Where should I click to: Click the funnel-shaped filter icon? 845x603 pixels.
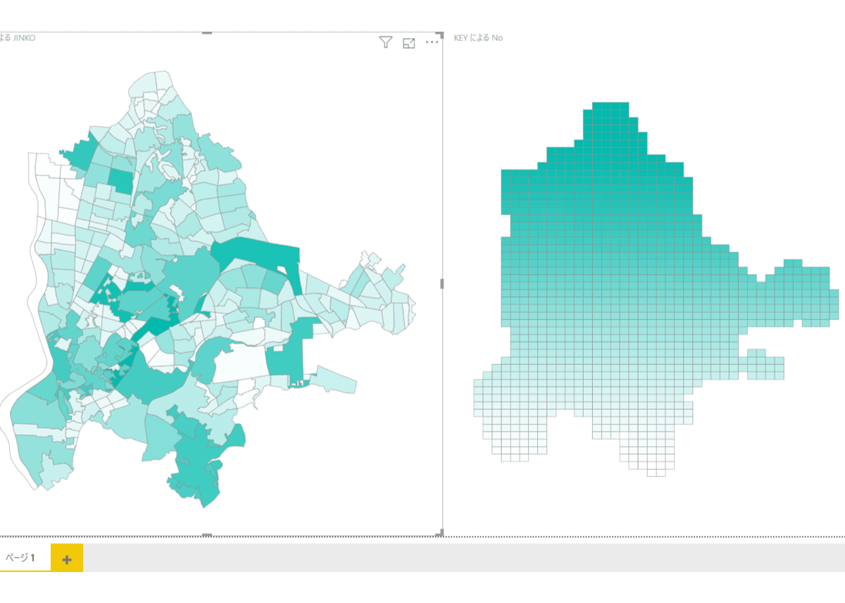385,43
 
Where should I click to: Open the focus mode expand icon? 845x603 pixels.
409,43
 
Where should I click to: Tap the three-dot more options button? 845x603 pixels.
432,43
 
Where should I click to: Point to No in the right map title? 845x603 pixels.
497,38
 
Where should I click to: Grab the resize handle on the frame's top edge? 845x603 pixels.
207,32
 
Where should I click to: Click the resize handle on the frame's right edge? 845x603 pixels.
442,283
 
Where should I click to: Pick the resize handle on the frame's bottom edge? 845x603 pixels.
207,535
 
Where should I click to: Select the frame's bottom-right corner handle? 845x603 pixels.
442,533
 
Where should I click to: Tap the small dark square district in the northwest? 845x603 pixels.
121,181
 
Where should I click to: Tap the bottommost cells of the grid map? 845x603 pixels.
661,472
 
